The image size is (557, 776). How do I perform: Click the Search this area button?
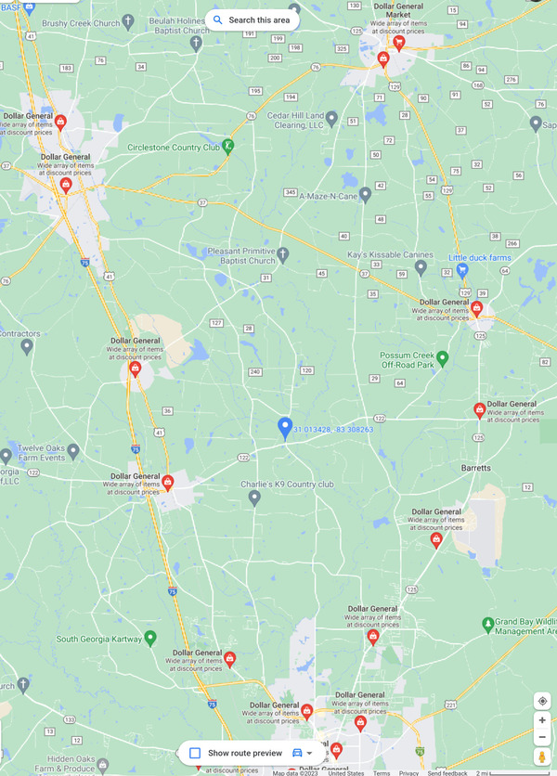pos(252,19)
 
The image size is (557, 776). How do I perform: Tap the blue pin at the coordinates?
pos(285,427)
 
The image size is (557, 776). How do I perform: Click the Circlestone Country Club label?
pos(174,147)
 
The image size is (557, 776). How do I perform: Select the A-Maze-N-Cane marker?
pos(365,195)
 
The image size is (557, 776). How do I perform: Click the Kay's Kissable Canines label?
pos(378,254)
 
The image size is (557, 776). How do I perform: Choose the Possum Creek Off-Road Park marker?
pos(443,358)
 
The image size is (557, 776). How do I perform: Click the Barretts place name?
pos(475,468)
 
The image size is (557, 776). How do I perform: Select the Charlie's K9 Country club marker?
pos(254,498)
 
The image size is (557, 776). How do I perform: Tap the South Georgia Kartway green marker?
pos(150,639)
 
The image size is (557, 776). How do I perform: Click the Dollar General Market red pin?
pos(398,43)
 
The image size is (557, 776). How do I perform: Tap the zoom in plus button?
pos(542,719)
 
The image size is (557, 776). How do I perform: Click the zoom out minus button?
pos(542,737)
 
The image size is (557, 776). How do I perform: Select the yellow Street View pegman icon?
pos(542,757)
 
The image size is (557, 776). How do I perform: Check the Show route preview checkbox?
pos(195,753)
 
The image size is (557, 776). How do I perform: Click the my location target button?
pos(542,701)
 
